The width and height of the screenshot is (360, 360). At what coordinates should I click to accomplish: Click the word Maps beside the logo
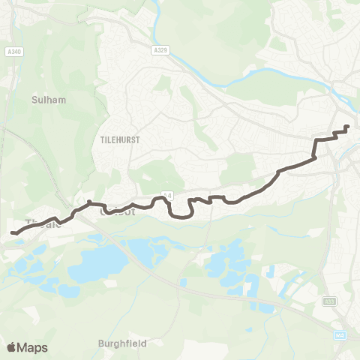click(33, 347)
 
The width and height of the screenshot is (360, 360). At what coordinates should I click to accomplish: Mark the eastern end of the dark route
click(346, 127)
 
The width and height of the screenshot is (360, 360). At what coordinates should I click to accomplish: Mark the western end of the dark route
click(13, 233)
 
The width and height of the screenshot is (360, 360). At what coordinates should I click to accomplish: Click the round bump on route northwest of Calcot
click(89, 202)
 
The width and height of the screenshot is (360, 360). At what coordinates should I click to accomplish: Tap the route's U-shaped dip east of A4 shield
click(182, 215)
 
